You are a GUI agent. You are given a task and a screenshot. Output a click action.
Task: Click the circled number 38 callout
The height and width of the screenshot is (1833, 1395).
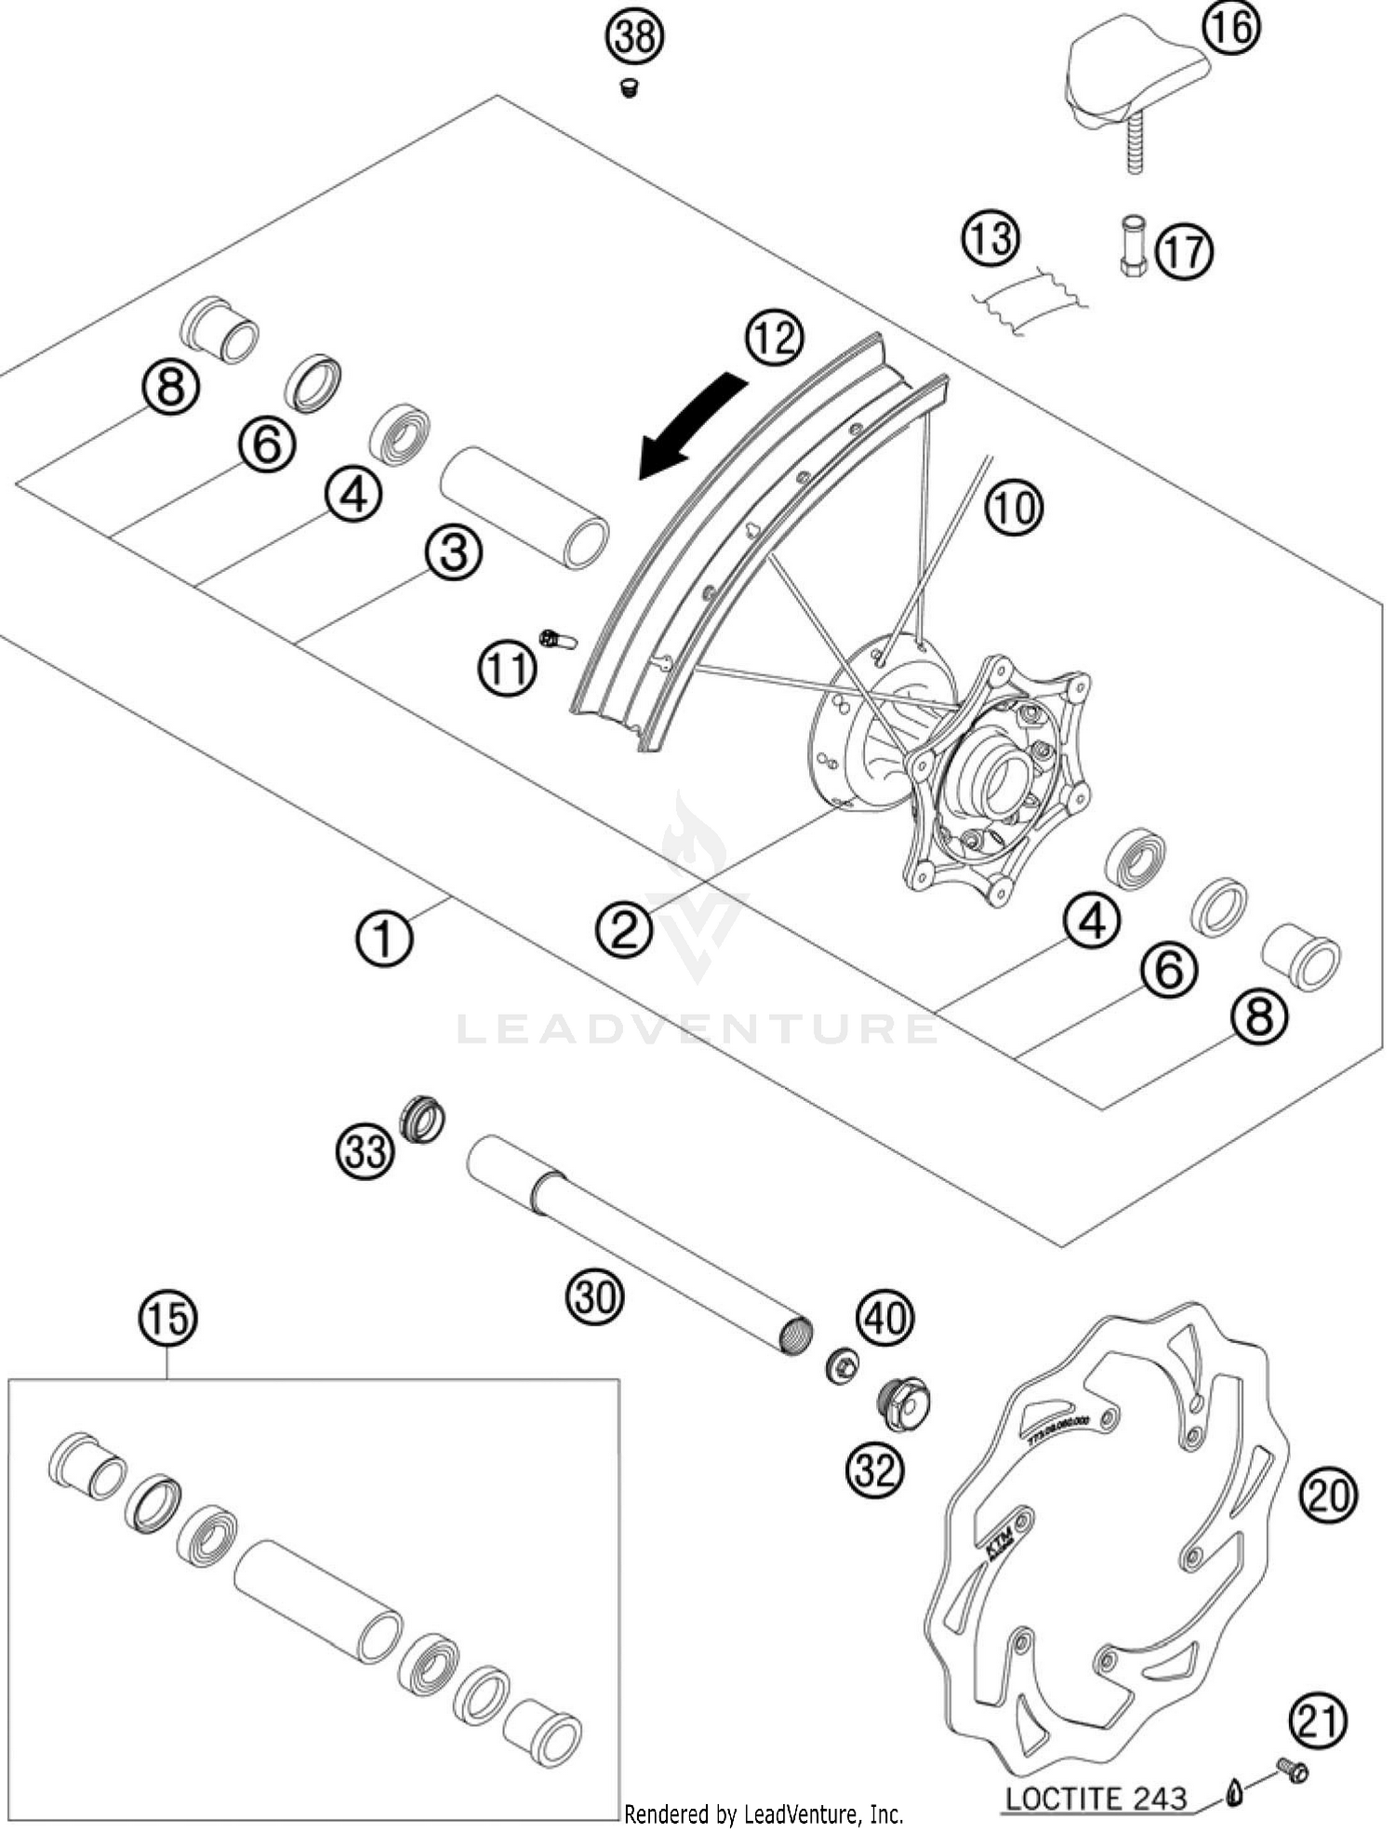(x=635, y=38)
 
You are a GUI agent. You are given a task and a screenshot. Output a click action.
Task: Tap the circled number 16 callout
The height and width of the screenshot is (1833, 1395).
(x=1231, y=28)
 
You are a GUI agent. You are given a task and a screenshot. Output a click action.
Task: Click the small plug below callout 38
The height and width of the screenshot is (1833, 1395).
(x=630, y=89)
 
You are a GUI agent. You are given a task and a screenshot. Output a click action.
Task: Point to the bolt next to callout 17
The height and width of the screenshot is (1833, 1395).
(x=1133, y=246)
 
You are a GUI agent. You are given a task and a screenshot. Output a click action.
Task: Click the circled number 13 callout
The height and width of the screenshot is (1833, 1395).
(x=990, y=238)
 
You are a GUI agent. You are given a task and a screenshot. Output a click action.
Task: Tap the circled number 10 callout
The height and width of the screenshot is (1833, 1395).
(x=1015, y=508)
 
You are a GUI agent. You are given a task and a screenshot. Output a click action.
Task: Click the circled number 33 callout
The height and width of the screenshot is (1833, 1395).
(x=365, y=1152)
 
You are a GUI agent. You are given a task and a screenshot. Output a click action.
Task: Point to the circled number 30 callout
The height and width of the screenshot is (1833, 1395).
(x=595, y=1295)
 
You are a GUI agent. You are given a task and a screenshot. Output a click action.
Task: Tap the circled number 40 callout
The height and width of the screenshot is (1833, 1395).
(x=885, y=1318)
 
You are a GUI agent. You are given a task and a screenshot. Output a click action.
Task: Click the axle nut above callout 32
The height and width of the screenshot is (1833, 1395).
(x=903, y=1406)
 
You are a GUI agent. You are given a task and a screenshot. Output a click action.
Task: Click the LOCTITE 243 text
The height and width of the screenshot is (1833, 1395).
(x=1096, y=1798)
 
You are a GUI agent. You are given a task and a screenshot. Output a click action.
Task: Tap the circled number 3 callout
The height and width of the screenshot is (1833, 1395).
(x=454, y=553)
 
